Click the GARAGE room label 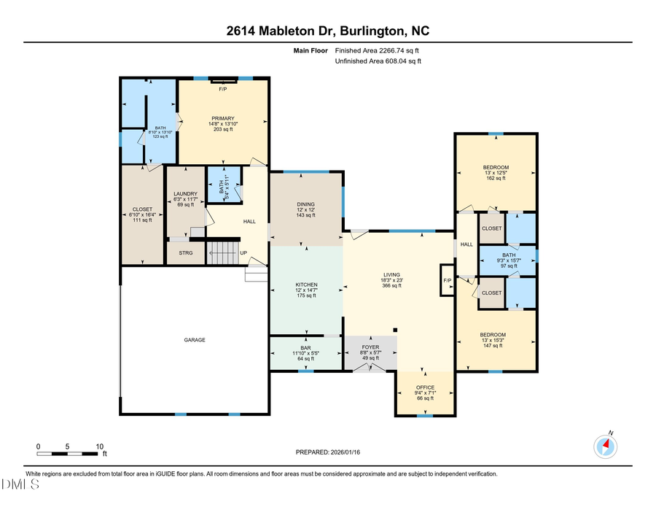pyautogui.click(x=194, y=340)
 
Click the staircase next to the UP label pyautogui.click(x=224, y=253)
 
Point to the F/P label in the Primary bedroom pyautogui.click(x=223, y=89)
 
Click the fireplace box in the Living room pyautogui.click(x=446, y=280)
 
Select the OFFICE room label pyautogui.click(x=425, y=387)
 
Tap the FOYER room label pyautogui.click(x=371, y=347)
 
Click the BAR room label pyautogui.click(x=305, y=347)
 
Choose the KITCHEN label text pyautogui.click(x=305, y=285)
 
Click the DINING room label pyautogui.click(x=305, y=204)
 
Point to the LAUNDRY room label pyautogui.click(x=186, y=193)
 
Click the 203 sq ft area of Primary pyautogui.click(x=222, y=129)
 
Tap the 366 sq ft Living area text pyautogui.click(x=391, y=286)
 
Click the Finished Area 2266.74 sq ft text pyautogui.click(x=377, y=51)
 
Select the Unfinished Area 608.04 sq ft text pyautogui.click(x=378, y=62)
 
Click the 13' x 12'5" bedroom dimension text pyautogui.click(x=496, y=173)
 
